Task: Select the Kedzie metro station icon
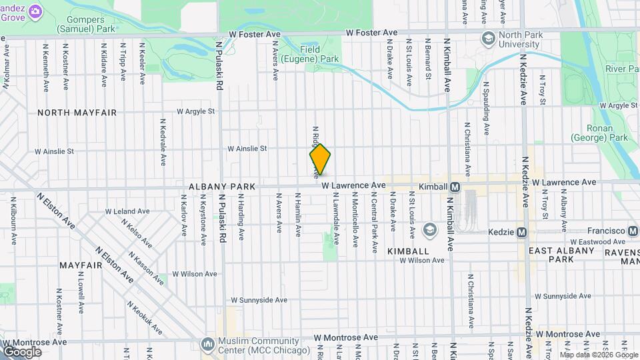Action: pos(522,232)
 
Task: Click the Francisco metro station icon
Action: pos(633,231)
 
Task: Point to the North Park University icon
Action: pos(489,38)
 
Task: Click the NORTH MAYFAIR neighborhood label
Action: pos(77,113)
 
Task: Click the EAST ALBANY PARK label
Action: pos(561,255)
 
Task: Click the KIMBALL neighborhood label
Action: pos(408,251)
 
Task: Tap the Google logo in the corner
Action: pos(22,351)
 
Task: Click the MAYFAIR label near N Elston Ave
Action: pos(80,265)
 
